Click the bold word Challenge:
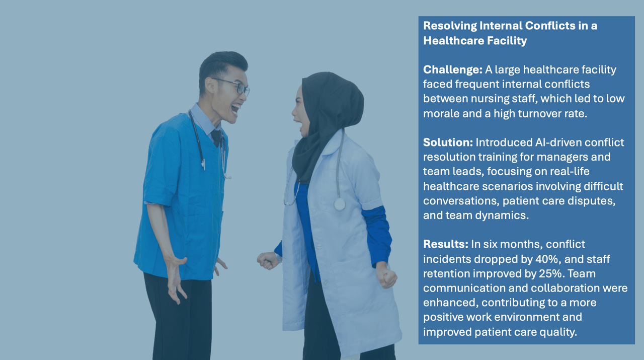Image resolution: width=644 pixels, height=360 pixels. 452,70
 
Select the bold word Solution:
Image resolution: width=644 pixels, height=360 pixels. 448,142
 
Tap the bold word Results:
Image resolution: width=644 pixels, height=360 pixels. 446,244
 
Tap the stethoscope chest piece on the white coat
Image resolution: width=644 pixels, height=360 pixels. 339,204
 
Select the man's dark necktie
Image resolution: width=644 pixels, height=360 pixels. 216,137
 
